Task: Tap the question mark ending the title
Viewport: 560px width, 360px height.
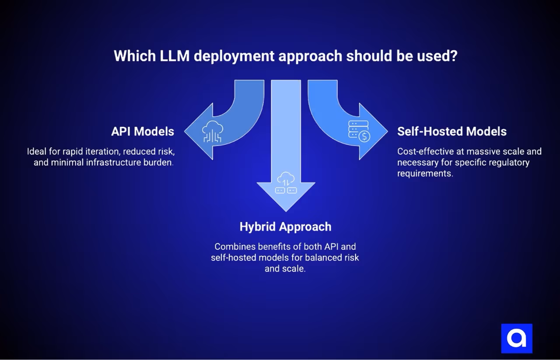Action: (453, 56)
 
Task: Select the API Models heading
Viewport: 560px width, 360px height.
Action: (143, 131)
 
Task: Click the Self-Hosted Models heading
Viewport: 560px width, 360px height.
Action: (451, 131)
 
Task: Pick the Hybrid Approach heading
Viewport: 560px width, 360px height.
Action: (285, 227)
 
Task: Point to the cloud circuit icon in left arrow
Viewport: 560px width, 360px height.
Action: (213, 132)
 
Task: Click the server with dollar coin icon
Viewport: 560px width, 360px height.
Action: (359, 131)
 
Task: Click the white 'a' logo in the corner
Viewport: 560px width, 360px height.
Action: (516, 338)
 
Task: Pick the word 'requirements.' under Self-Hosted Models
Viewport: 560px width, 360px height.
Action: (425, 173)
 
